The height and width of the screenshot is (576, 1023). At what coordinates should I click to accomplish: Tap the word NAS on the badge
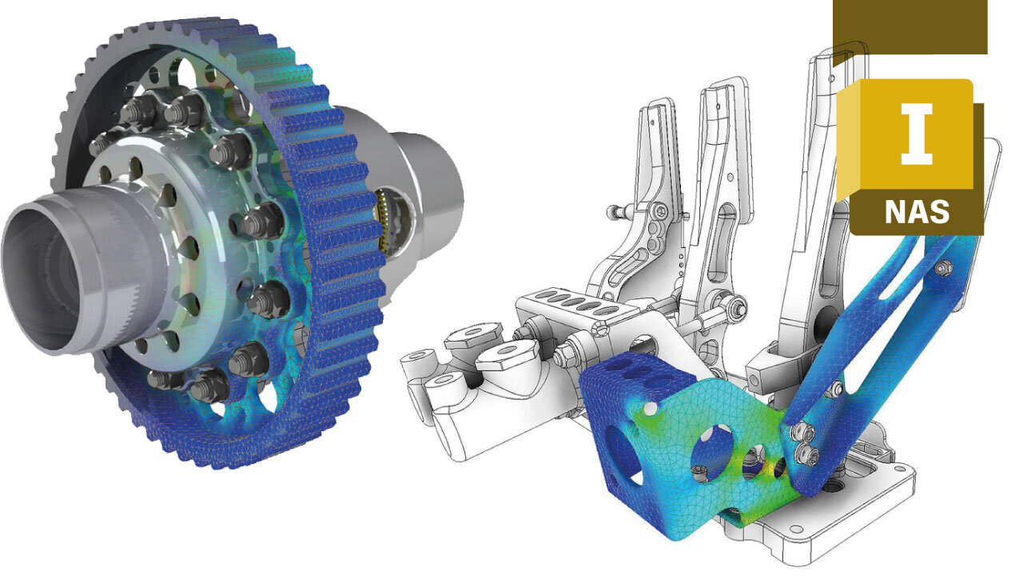point(917,212)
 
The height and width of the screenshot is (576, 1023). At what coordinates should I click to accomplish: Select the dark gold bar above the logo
point(910,26)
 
